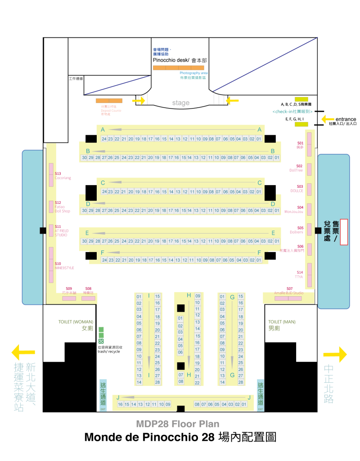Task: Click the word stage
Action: point(181,103)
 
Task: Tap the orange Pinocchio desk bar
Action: point(178,68)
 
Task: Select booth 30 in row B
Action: point(84,158)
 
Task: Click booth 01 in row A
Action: point(259,139)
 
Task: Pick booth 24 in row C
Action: point(104,191)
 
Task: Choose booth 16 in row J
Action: point(121,404)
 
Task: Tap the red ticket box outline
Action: point(344,232)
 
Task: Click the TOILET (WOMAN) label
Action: point(76,322)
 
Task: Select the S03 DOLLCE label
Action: point(297,189)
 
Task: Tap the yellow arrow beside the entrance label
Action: point(328,119)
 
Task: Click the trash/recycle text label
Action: point(109,349)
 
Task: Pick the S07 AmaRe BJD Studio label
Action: point(289,291)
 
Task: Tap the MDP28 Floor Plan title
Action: point(178,424)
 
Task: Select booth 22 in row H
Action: point(197,382)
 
